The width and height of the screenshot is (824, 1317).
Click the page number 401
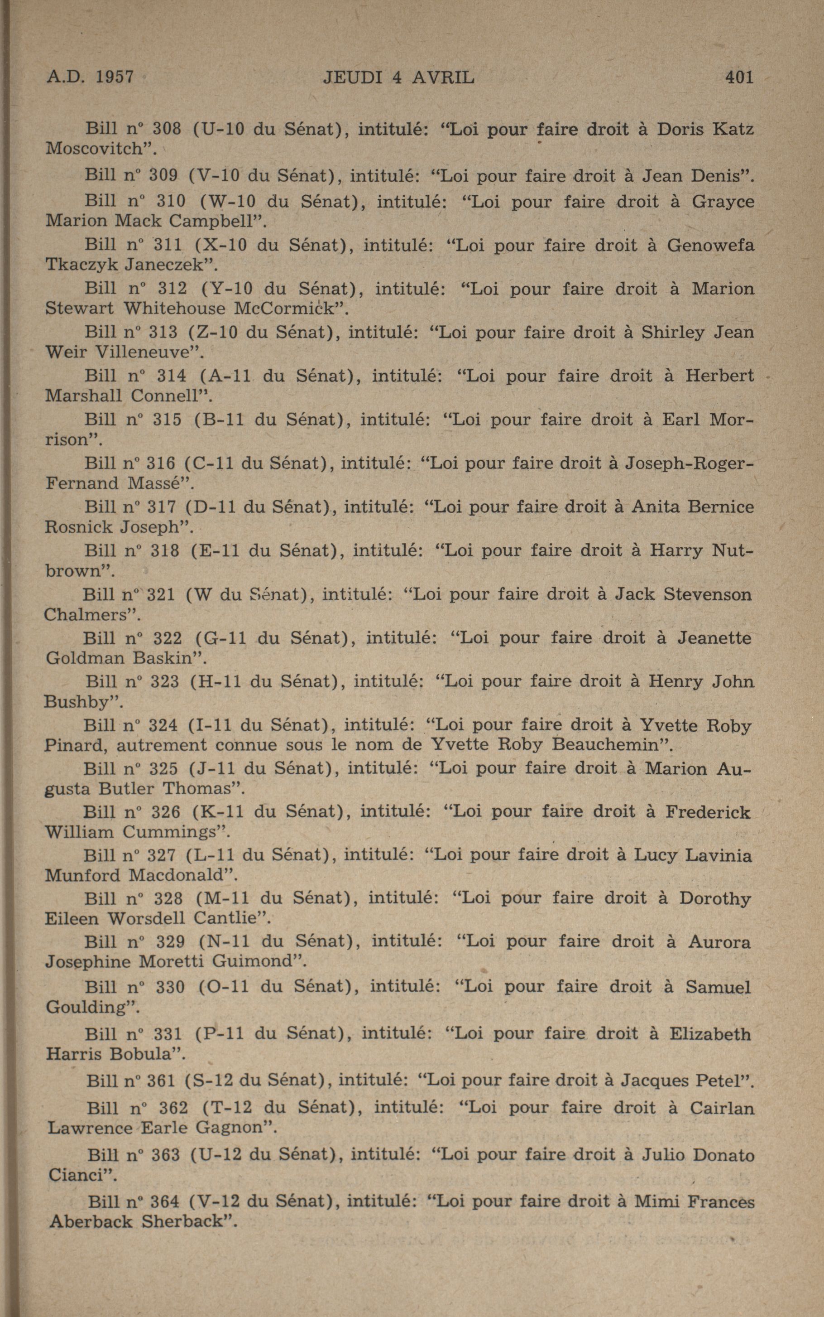[x=739, y=77]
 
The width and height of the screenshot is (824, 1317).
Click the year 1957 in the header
[x=115, y=77]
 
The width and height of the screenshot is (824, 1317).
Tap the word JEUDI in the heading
[x=354, y=77]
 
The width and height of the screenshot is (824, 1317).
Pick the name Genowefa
[x=711, y=246]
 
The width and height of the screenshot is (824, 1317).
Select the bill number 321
[x=161, y=594]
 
